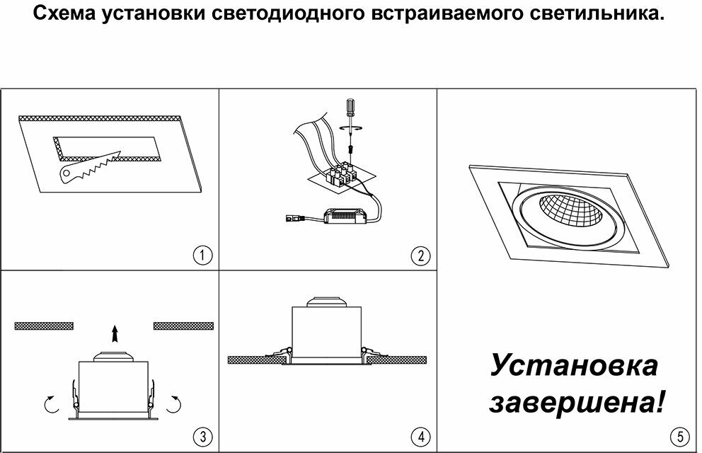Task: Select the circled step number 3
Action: (203, 436)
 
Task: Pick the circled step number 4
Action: (420, 436)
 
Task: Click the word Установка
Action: (574, 367)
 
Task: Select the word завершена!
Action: (577, 403)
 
